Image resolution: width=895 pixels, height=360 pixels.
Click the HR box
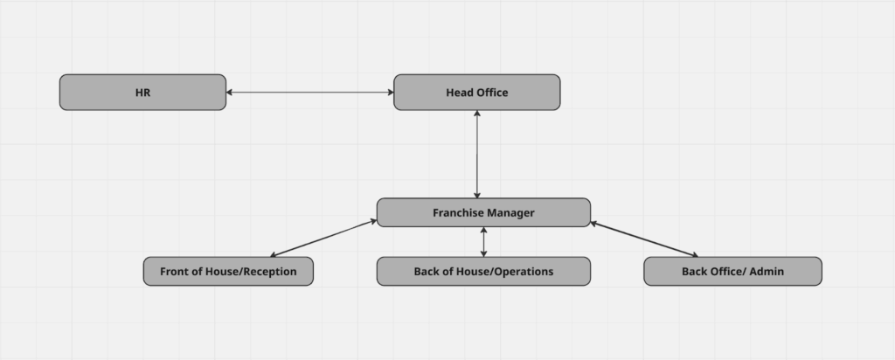tap(142, 93)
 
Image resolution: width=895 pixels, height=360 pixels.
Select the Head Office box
tap(476, 93)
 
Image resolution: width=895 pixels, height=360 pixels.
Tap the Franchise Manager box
tap(483, 212)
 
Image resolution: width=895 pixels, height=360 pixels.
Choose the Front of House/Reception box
tap(228, 272)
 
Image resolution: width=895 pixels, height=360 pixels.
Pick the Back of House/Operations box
tap(483, 272)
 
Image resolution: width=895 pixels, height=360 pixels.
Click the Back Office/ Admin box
tap(732, 272)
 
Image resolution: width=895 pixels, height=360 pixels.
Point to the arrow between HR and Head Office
tap(309, 92)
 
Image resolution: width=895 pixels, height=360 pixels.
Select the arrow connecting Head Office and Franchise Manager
tap(477, 155)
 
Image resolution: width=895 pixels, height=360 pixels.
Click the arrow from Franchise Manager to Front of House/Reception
tap(323, 238)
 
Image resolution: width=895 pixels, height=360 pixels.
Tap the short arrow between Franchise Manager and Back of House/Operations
tap(483, 242)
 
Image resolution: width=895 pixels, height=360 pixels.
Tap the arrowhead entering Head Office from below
tap(477, 114)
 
